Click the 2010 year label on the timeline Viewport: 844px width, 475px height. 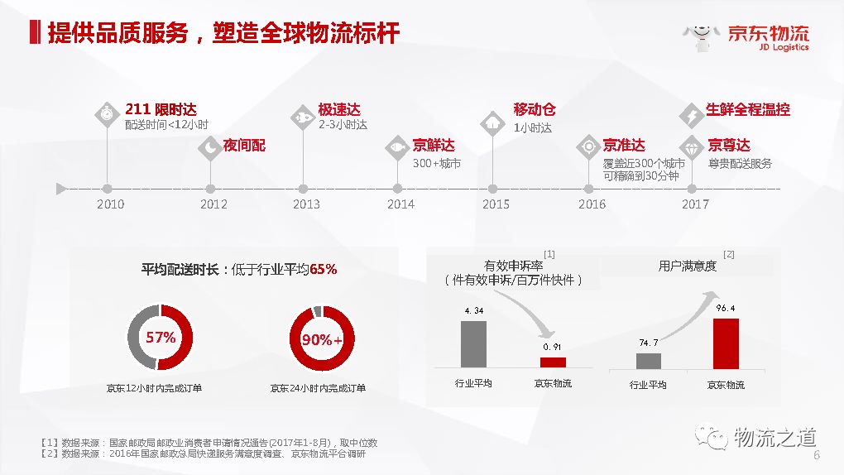point(110,204)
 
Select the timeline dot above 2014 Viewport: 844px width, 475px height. point(397,189)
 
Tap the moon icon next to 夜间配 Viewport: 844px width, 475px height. point(209,147)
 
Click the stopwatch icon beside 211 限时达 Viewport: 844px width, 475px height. point(107,114)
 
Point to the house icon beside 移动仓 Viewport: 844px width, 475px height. point(492,123)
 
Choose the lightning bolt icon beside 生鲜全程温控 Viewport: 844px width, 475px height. point(691,115)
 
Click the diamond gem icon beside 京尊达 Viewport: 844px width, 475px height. point(692,147)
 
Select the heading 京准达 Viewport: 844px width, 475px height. point(624,146)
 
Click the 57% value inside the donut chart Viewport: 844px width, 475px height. point(161,337)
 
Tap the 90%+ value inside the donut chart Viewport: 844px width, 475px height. point(322,339)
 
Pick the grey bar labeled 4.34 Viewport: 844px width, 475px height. point(473,344)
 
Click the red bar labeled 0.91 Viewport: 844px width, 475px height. point(553,362)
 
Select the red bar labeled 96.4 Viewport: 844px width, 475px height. point(726,343)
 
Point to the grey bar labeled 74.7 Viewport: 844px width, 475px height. point(649,361)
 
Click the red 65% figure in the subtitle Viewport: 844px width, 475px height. point(324,269)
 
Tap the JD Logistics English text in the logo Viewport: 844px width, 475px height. point(784,47)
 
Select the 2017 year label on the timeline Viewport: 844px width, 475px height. point(695,204)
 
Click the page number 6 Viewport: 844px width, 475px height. point(817,455)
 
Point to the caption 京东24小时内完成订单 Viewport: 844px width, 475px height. point(318,388)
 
